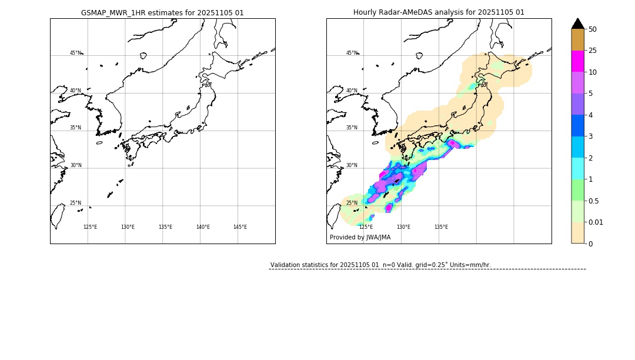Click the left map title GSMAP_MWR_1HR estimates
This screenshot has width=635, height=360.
click(162, 12)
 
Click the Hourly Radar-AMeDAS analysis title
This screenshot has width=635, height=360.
click(439, 12)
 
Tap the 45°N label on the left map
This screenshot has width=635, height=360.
click(76, 53)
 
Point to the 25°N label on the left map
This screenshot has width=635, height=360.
click(76, 203)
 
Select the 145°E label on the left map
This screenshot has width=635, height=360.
click(240, 227)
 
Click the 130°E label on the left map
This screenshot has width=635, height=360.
click(128, 227)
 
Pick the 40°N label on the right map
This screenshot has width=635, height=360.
click(352, 91)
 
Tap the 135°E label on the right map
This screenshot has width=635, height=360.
click(441, 227)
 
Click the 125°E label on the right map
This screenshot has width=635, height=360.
click(366, 227)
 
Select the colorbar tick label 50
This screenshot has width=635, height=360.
click(592, 29)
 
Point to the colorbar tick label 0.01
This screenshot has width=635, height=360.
click(596, 222)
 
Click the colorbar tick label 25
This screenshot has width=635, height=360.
click(592, 51)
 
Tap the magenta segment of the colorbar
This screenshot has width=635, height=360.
click(578, 61)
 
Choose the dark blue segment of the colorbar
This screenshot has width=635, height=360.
click(578, 126)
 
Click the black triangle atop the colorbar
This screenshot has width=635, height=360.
click(578, 24)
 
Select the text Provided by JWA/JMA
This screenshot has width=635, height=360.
click(360, 238)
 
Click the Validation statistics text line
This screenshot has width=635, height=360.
click(380, 265)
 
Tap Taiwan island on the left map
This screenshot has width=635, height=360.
click(58, 216)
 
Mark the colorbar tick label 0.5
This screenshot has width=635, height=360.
click(594, 201)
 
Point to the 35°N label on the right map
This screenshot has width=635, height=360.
click(352, 128)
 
